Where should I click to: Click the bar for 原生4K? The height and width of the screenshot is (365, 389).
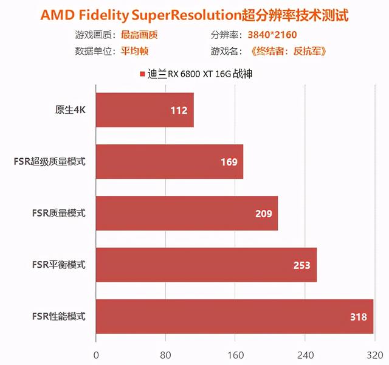145,110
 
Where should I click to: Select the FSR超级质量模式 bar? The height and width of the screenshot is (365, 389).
169,162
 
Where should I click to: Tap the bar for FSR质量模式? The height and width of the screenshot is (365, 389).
187,214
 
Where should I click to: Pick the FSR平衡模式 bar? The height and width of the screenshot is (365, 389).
206,265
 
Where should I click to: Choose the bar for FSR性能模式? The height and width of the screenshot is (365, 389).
234,316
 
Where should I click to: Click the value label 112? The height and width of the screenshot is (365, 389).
180,111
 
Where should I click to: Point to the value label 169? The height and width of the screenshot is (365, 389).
229,162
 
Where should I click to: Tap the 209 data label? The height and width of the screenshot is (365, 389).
264,214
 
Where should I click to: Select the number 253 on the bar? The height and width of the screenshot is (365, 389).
301,265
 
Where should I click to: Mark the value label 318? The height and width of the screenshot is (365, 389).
359,317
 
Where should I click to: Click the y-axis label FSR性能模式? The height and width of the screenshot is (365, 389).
59,316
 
